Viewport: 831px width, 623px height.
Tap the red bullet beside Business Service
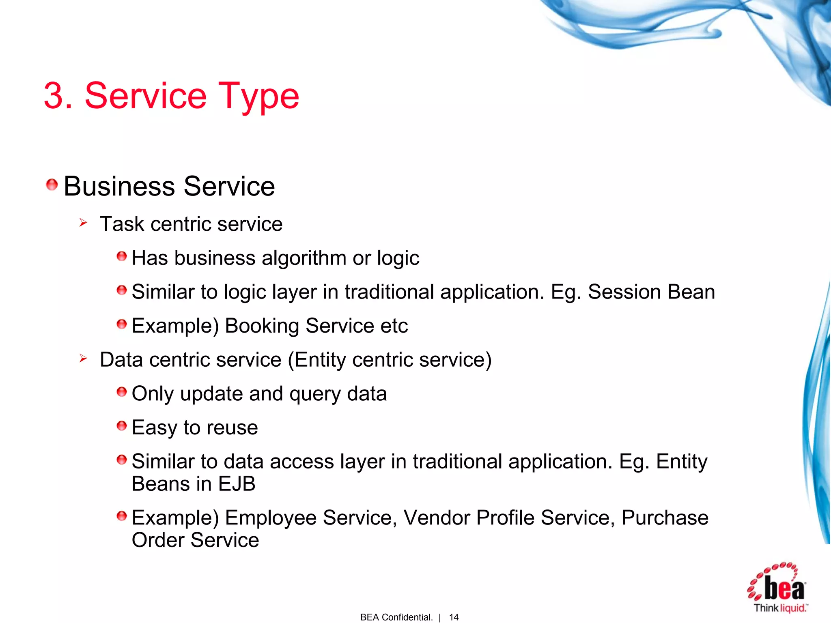click(x=52, y=185)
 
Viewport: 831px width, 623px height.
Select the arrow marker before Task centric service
click(x=83, y=223)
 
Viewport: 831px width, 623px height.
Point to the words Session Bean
click(x=651, y=292)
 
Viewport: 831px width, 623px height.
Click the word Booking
click(x=262, y=326)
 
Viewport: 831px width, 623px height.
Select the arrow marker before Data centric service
click(x=83, y=358)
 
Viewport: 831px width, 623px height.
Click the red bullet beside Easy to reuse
click(x=122, y=426)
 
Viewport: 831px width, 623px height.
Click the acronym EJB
click(x=237, y=484)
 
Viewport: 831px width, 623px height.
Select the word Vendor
click(x=437, y=518)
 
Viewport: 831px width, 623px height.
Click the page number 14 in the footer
click(x=454, y=617)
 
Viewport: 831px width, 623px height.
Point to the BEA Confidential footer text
click(x=396, y=617)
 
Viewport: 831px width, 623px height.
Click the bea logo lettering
click(x=784, y=588)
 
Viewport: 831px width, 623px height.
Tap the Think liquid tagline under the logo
click(x=780, y=608)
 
